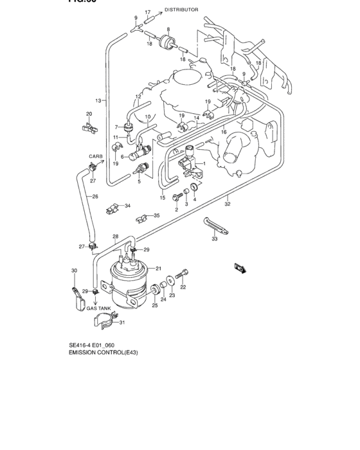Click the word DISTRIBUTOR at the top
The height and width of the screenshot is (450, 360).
coord(181,10)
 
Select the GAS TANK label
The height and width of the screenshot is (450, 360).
coord(100,308)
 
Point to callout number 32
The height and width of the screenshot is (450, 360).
coord(228,204)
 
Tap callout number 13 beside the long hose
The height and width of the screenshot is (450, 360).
coord(98,101)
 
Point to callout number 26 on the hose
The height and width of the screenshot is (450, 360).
coord(94,197)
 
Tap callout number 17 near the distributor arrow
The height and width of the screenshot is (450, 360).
coord(147,12)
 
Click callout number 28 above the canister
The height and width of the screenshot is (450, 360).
coord(116,237)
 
